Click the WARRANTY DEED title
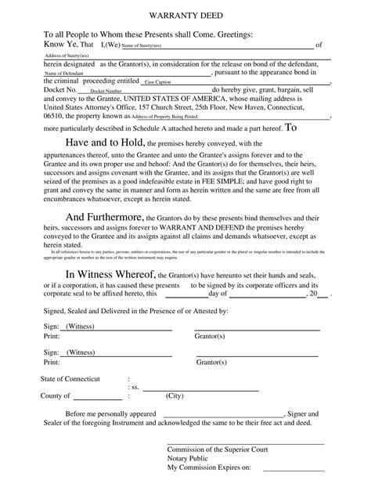pyautogui.click(x=185, y=16)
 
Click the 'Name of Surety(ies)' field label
pyautogui.click(x=142, y=46)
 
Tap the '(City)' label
pyautogui.click(x=174, y=396)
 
